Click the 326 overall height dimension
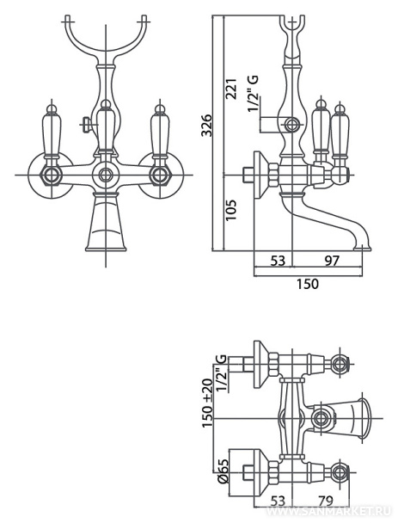(207, 125)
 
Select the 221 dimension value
(231, 89)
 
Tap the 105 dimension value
(231, 210)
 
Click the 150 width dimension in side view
(308, 284)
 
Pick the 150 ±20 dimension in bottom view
(207, 403)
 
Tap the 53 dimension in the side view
(278, 261)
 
